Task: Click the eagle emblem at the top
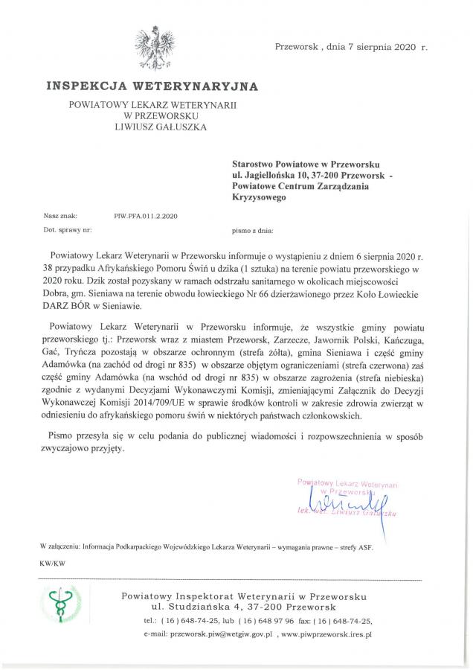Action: pos(155,48)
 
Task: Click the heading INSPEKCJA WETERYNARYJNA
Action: pos(152,86)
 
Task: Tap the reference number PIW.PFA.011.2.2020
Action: pos(146,214)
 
